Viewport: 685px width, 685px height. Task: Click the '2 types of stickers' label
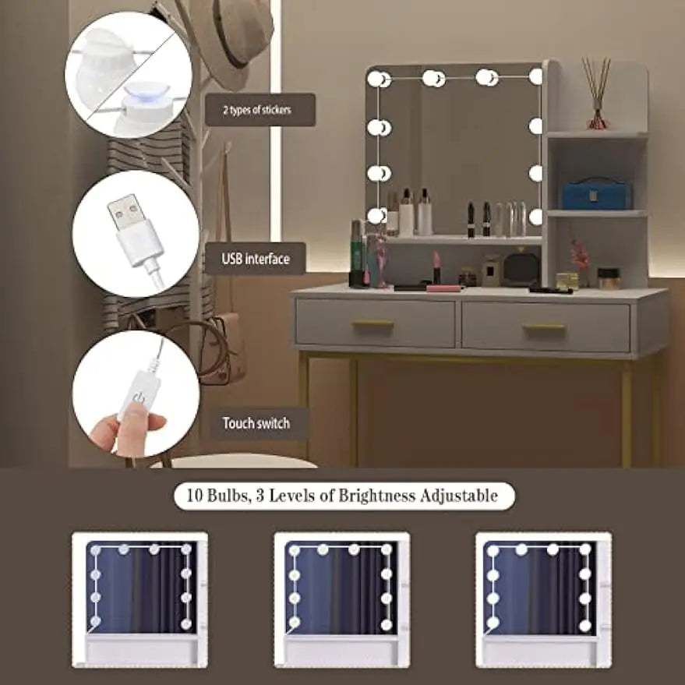coord(257,110)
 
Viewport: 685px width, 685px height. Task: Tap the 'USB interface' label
coord(256,259)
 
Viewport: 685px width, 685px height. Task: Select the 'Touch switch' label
coord(256,423)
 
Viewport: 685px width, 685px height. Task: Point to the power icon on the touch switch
coord(139,397)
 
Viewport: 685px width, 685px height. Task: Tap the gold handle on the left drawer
coord(373,323)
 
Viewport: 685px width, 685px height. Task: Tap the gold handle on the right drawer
coord(544,327)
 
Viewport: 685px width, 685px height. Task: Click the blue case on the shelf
coord(595,193)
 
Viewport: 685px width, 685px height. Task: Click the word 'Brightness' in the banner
coord(376,496)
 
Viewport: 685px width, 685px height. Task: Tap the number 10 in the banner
coord(194,496)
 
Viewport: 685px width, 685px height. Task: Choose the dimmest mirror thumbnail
coord(139,599)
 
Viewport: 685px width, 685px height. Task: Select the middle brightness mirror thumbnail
coord(341,599)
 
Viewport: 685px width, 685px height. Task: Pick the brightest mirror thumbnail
coord(543,599)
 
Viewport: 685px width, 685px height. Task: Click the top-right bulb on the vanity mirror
coord(536,77)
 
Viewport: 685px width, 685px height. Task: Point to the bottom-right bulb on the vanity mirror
coord(535,217)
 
